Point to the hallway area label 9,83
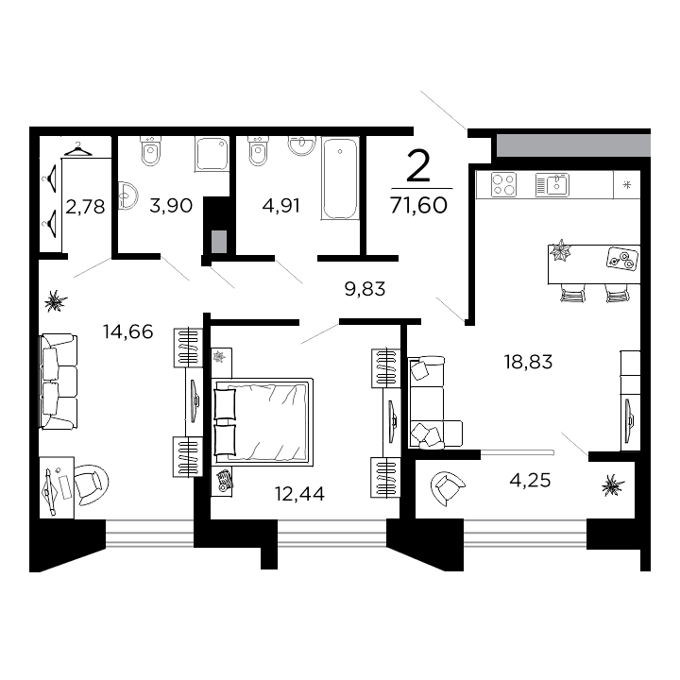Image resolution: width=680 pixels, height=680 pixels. coord(366,290)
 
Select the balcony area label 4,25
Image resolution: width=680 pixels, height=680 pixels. coord(530,479)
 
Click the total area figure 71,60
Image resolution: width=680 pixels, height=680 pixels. coord(418,205)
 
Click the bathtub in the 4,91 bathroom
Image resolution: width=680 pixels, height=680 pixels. coord(340,178)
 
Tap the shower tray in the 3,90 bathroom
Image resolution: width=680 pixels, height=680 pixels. coord(212,154)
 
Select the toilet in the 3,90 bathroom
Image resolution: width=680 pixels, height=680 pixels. coord(150,149)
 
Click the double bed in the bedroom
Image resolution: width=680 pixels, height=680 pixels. coord(263,420)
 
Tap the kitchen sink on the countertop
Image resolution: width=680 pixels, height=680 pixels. coord(552,183)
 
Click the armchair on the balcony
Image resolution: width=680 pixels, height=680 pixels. coord(447,488)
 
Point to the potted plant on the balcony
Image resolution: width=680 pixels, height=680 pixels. coord(613,485)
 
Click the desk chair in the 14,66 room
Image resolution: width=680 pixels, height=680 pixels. coord(89,484)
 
